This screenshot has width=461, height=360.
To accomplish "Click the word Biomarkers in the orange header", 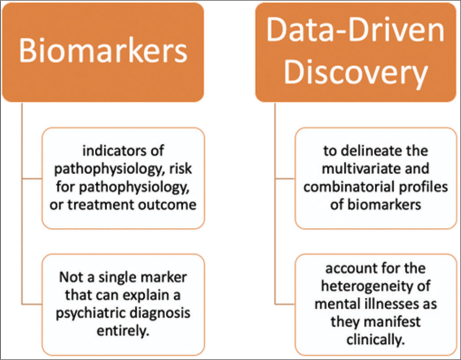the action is (x=103, y=51).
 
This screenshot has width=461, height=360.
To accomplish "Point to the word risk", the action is (x=181, y=169).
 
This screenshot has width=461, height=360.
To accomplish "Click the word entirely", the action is (x=123, y=332).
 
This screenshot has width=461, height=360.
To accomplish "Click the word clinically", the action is (x=376, y=340).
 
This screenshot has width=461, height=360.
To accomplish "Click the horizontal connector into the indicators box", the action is (x=32, y=178).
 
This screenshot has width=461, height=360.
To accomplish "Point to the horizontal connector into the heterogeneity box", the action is (x=285, y=304).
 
